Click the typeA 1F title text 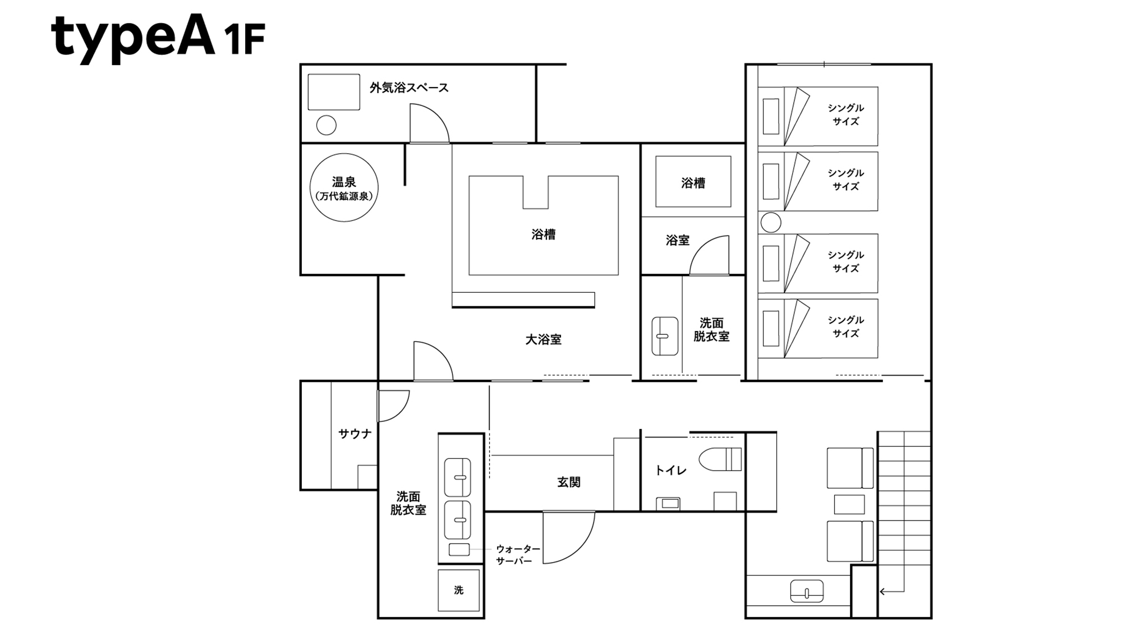[157, 36]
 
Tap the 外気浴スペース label [409, 88]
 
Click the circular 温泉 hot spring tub [344, 187]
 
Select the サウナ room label [355, 434]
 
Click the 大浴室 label [543, 339]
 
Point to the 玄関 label [568, 482]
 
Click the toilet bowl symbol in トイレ [719, 459]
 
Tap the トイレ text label [670, 471]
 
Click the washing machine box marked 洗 [459, 590]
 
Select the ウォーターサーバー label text [517, 554]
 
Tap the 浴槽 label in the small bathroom [693, 183]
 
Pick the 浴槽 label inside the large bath [543, 234]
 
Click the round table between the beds [771, 223]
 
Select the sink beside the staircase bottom [807, 591]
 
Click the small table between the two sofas [849, 504]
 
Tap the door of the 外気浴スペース [429, 125]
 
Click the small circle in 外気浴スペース [327, 125]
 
